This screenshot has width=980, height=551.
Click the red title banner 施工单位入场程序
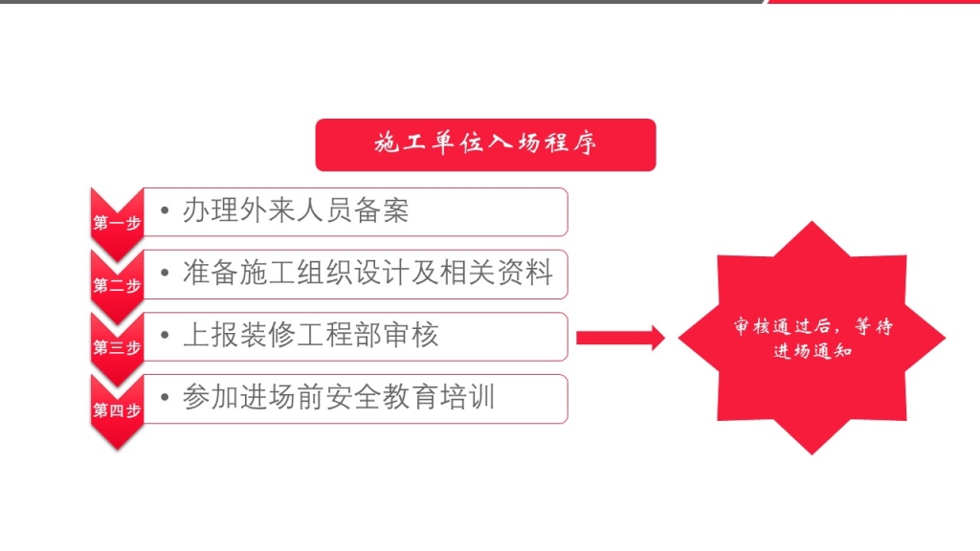point(485,145)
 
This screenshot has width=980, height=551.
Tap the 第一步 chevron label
point(117,223)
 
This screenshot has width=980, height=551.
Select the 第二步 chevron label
point(117,285)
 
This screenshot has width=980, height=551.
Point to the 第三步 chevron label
point(117,347)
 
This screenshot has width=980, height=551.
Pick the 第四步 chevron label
point(117,410)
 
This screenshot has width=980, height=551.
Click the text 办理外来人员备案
point(296,210)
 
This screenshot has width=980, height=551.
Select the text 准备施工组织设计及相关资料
point(368,273)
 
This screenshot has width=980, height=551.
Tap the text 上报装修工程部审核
point(311,335)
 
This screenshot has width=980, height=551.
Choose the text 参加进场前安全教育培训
point(339,397)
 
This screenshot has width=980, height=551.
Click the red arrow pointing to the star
point(620,338)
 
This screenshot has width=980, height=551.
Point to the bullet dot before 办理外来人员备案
point(165,210)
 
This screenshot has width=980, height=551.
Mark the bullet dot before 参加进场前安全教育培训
point(165,397)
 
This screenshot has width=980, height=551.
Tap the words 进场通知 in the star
point(813,351)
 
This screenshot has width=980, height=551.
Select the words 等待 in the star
point(874,326)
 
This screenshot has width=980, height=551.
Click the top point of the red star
point(812,222)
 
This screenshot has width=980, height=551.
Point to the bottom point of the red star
point(812,453)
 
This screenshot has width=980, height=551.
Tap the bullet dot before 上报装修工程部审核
point(165,335)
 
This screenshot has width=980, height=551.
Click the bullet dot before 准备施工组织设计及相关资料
point(165,273)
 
